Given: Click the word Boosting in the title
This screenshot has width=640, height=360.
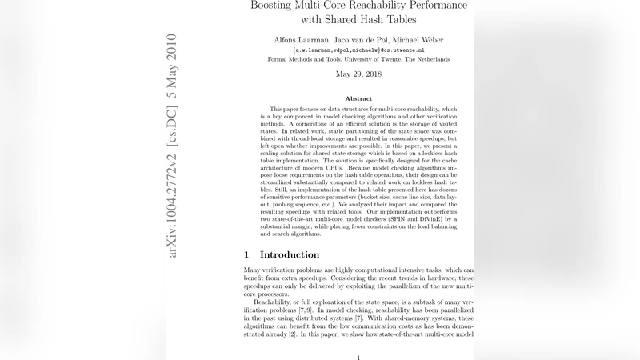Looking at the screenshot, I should tap(275, 6).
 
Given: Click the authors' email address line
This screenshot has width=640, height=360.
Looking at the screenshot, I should tap(358, 50).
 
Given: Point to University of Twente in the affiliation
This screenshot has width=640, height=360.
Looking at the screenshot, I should tap(378, 59).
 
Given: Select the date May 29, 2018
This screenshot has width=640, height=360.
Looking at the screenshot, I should tap(358, 74).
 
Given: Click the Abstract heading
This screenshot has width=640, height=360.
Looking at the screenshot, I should tap(358, 98).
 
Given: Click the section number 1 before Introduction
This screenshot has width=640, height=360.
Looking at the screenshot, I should tap(247, 254).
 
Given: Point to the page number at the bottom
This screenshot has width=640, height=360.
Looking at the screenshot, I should tap(358, 357).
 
